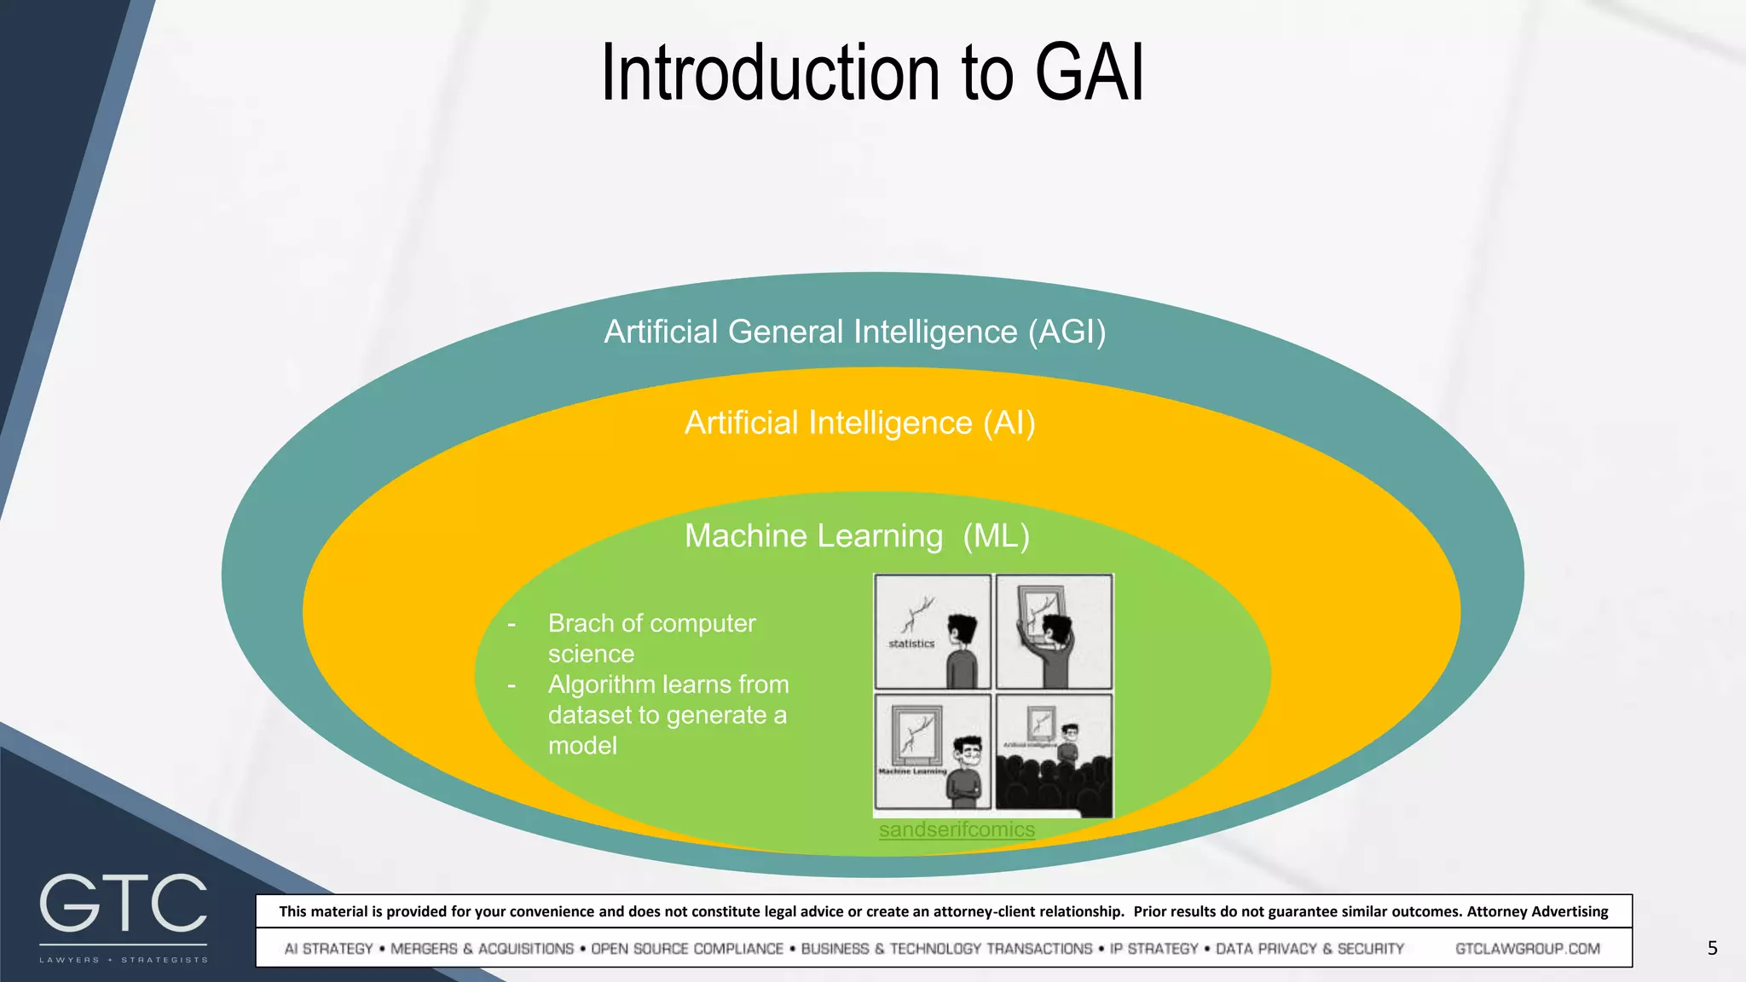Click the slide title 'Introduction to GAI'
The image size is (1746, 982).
tap(872, 73)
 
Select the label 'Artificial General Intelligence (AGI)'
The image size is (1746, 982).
tap(855, 332)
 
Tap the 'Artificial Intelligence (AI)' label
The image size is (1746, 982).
tap(859, 423)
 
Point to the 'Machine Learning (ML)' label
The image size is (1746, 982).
tap(857, 536)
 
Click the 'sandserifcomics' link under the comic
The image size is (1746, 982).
tap(957, 829)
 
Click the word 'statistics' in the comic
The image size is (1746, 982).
tap(911, 644)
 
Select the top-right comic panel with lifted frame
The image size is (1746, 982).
tap(1054, 632)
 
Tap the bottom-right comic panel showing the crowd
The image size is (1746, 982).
tap(1054, 754)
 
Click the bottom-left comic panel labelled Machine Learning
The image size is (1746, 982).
tap(933, 752)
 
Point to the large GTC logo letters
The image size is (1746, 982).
tap(124, 904)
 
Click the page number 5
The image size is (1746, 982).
tap(1712, 948)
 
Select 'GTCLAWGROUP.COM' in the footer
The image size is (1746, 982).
tap(1527, 949)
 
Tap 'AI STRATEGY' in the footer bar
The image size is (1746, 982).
tap(328, 949)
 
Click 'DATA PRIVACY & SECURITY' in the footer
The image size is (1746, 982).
tap(1309, 949)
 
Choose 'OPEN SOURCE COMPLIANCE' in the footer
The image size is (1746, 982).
tap(686, 949)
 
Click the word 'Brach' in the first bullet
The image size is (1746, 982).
tap(581, 623)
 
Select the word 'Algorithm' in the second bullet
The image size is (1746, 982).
tap(602, 685)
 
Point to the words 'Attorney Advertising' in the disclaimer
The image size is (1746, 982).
tap(1537, 911)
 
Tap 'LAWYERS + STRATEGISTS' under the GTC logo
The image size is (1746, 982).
tap(124, 960)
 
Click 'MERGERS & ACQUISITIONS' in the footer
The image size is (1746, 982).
tap(482, 949)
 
